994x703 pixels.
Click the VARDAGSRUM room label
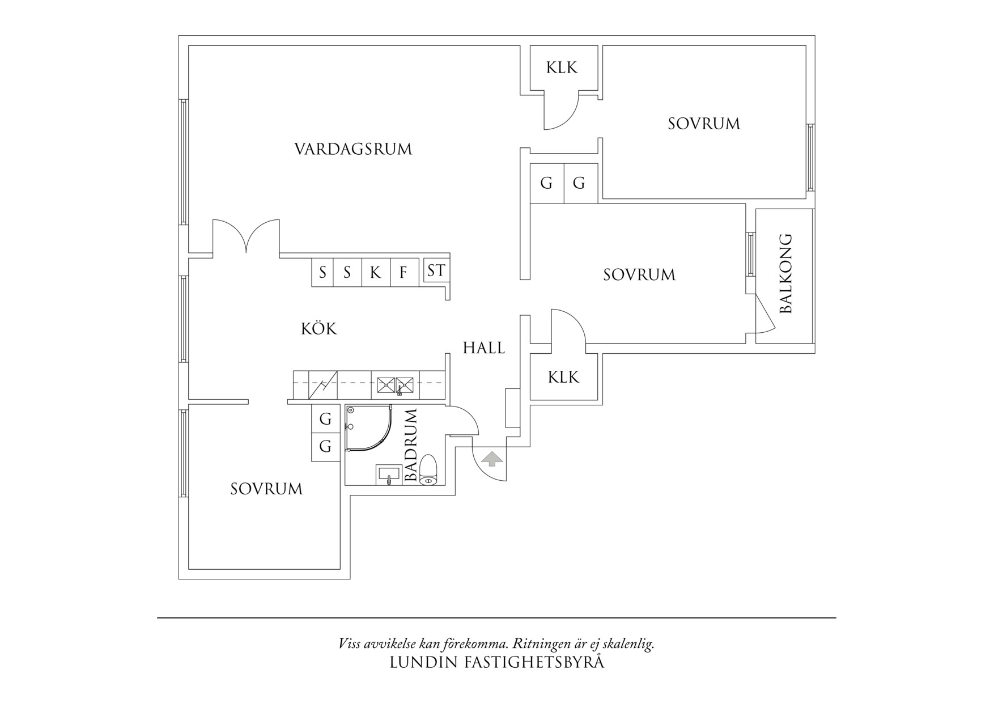353,149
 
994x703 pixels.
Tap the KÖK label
318,329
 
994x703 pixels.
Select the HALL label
483,348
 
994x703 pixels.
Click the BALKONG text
785,273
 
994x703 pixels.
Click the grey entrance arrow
491,458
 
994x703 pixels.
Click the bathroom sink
388,475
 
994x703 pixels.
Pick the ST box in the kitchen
436,271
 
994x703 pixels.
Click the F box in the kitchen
403,273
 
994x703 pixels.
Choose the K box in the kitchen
375,273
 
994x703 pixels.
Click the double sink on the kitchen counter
396,385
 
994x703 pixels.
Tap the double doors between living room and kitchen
246,237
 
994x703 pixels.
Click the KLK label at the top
562,67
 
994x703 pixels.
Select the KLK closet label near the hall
563,377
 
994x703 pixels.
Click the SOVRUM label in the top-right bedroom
703,124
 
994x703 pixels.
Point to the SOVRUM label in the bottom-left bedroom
266,489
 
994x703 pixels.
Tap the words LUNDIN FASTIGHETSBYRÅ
496,662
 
